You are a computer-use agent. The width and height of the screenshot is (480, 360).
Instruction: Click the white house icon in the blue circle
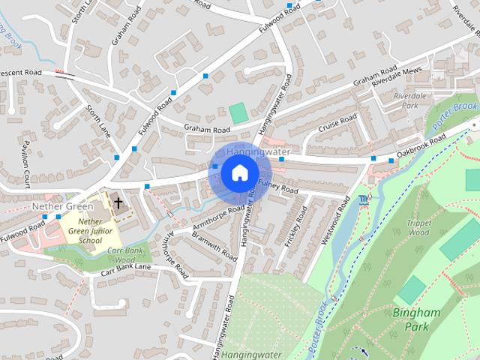click(238, 173)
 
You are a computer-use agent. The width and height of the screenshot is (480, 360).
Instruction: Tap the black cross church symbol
click(118, 202)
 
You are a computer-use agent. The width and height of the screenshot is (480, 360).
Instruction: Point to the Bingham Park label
click(410, 319)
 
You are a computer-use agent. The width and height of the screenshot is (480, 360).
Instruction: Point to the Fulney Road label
click(277, 186)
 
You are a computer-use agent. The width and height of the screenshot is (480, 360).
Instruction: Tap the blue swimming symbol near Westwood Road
click(364, 199)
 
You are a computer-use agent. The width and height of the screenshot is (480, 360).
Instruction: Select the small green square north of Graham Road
click(239, 114)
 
